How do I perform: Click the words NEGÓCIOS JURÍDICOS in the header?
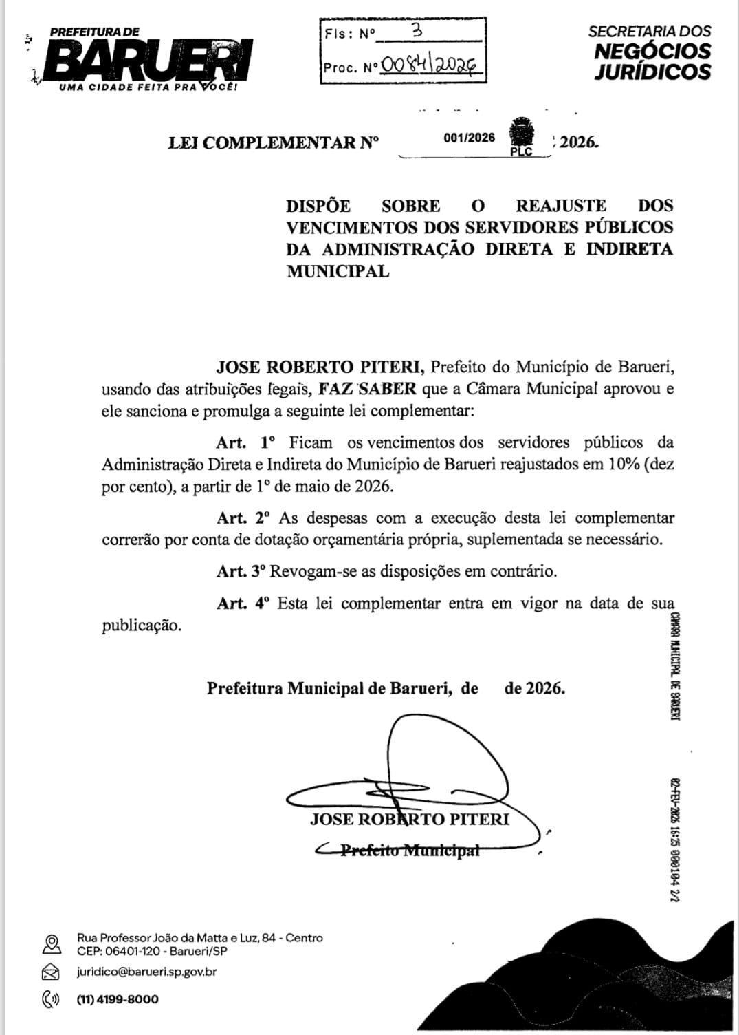coord(652,61)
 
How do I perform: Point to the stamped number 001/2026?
coord(470,138)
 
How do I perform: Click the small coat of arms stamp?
coord(522,132)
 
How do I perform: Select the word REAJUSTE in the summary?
coord(561,206)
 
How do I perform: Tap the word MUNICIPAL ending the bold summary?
coord(338,271)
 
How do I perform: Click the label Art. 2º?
coord(244,517)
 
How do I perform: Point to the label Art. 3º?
coord(242,571)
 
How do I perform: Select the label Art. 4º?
coord(244,604)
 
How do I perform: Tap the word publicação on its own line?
coord(142,626)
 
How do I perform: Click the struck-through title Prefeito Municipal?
coord(410,851)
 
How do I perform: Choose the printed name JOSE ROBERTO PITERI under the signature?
coord(410,819)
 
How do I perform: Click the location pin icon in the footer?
coord(50,943)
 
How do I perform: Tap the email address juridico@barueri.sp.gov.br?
coord(147,972)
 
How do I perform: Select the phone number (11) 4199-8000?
coord(118,999)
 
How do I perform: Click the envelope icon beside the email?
coord(50,972)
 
